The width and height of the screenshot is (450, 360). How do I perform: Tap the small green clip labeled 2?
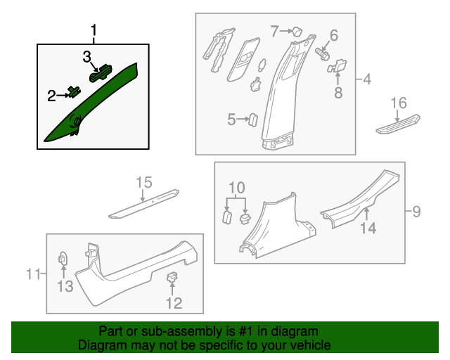pos(74,92)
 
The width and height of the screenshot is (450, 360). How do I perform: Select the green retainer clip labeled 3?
pos(101,73)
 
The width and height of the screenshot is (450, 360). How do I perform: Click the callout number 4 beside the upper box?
pos(367,79)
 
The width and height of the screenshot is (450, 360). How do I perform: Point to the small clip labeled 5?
pos(253,120)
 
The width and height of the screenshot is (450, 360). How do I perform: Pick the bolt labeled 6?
pos(322,54)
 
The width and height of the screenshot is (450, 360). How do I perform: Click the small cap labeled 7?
pos(297,32)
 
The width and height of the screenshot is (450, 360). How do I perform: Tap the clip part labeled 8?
pos(337,66)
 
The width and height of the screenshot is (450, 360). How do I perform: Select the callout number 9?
pos(416,212)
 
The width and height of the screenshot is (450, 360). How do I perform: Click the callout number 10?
pos(237,188)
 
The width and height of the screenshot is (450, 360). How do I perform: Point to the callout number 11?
pos(33,274)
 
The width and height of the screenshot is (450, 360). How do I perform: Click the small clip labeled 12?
pos(172,277)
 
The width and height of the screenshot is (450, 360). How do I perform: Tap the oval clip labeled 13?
pos(63,259)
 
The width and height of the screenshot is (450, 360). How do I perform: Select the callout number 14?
pos(368,228)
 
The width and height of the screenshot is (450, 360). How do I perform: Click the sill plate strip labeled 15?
pos(143,204)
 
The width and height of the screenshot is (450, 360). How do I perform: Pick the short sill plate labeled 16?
pos(398,124)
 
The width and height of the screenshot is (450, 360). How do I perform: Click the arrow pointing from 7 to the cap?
pos(286,31)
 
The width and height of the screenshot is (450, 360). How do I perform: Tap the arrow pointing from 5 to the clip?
pos(243,119)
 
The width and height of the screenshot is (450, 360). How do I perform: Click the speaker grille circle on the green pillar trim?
pos(75,120)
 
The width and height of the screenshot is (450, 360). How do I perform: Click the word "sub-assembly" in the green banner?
pos(181,331)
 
